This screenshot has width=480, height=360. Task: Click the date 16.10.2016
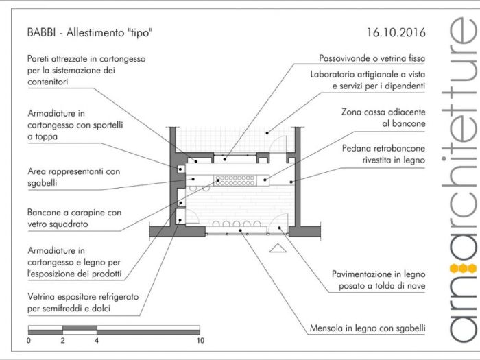click(x=396, y=32)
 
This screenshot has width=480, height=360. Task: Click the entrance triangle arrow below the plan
click(x=277, y=248)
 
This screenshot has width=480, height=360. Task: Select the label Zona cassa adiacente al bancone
click(x=383, y=117)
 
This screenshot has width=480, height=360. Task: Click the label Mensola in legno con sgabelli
click(x=365, y=328)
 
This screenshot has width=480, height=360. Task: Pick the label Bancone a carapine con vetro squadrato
click(x=67, y=218)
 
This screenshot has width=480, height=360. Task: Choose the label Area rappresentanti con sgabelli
click(x=74, y=177)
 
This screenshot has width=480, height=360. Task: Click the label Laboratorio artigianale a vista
click(x=368, y=80)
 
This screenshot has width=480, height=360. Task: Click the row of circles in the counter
click(x=235, y=180)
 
